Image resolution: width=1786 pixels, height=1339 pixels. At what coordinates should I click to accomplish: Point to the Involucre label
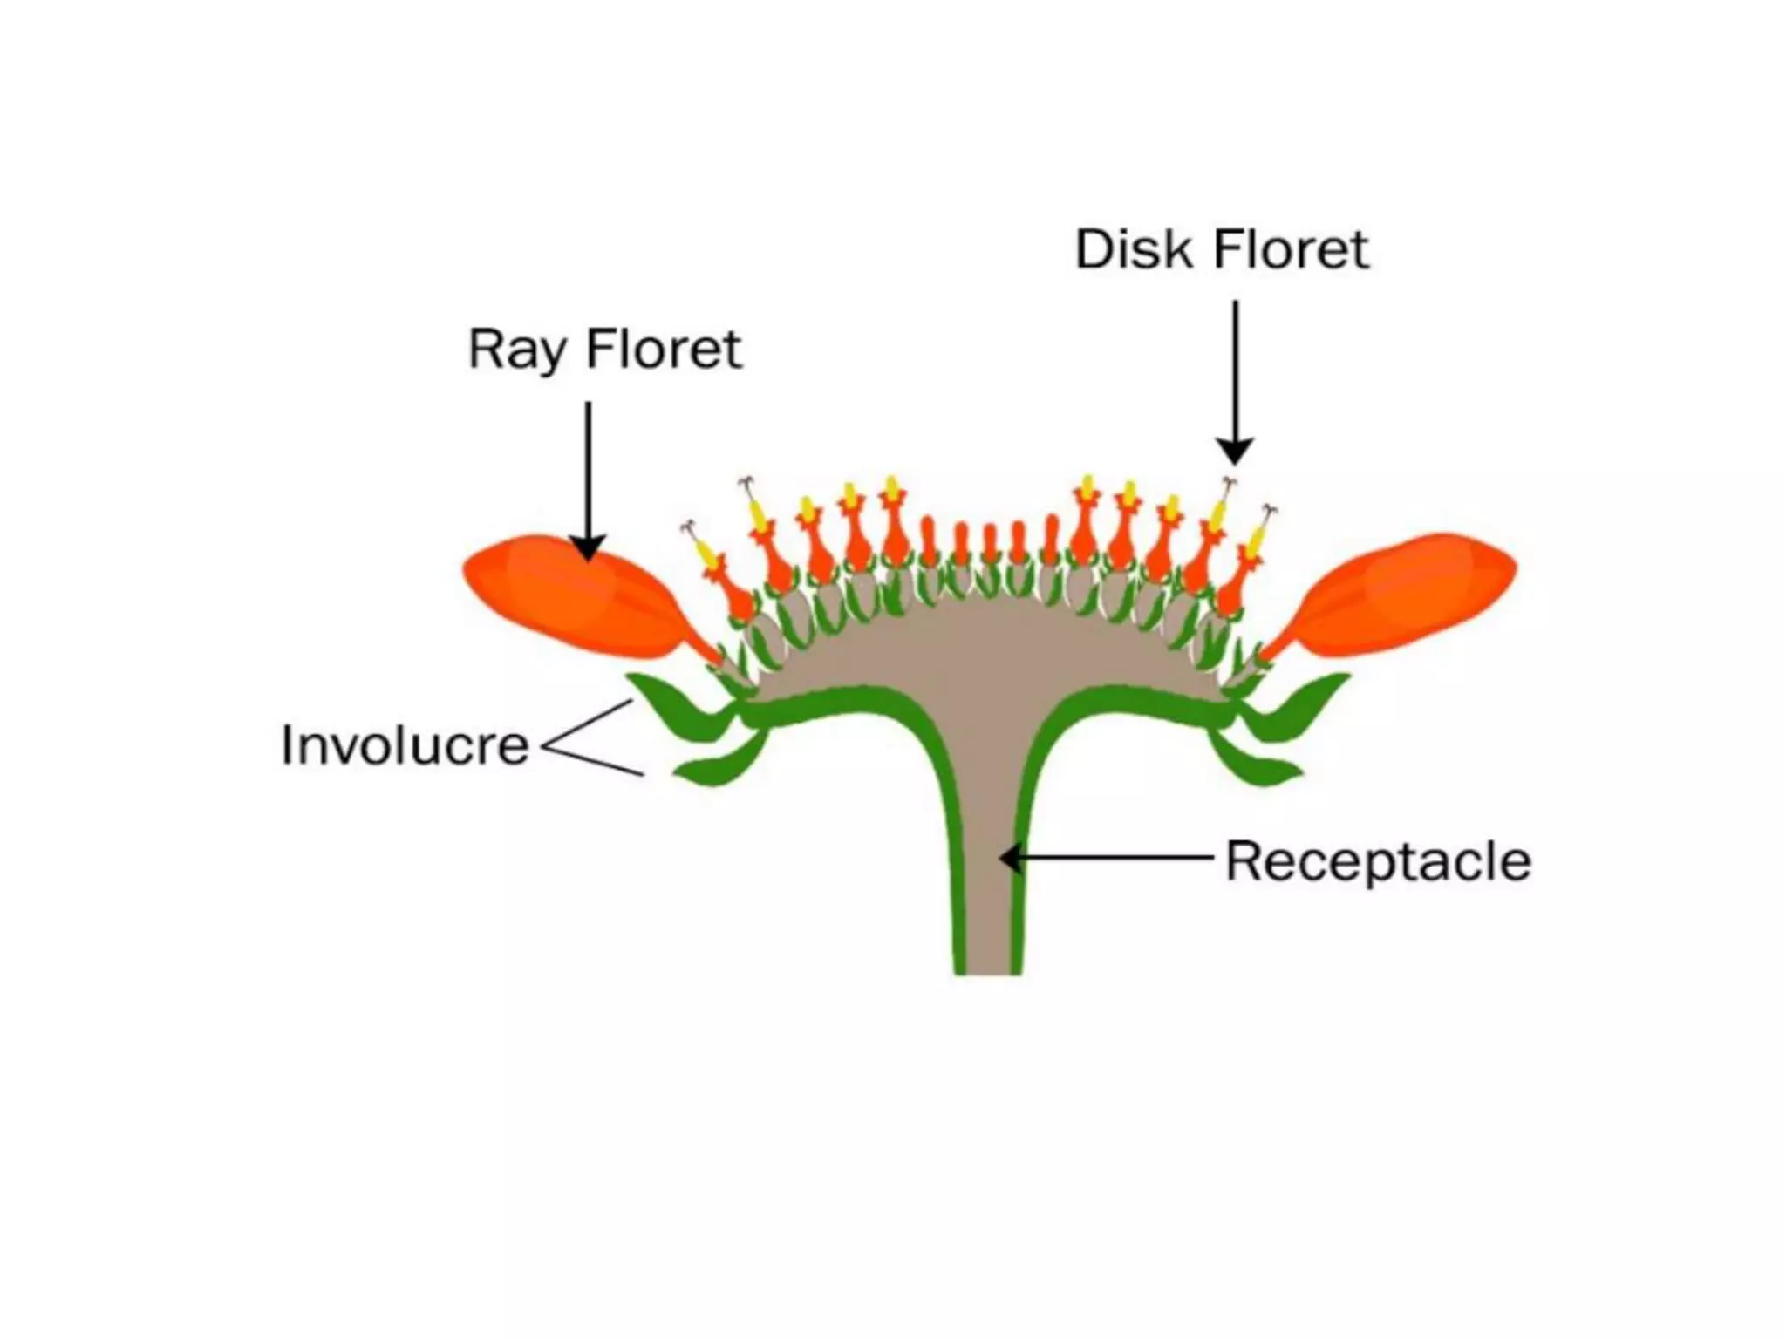(x=405, y=746)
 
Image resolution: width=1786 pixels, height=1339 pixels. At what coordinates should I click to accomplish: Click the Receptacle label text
(x=1378, y=861)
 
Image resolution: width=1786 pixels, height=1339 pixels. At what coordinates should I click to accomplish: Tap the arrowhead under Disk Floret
(x=1235, y=452)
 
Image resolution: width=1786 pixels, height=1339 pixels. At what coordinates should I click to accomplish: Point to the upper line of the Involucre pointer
(x=589, y=723)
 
